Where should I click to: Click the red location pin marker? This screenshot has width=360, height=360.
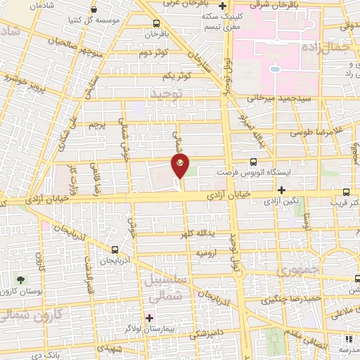coord(181,167)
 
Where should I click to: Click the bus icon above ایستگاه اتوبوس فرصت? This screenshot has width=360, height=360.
coord(254,162)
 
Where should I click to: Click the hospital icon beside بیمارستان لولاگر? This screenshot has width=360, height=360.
coord(150,318)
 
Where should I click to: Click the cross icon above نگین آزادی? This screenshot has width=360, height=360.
coord(281,190)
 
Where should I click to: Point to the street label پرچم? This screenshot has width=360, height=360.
coord(97,124)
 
